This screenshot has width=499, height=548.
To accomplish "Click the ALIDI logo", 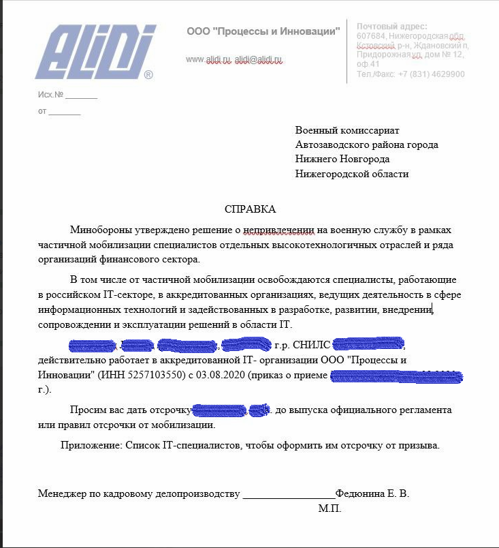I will [96, 51].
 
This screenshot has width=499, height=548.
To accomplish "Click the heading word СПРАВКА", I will [251, 209].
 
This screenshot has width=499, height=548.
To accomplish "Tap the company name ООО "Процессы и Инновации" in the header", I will [263, 31].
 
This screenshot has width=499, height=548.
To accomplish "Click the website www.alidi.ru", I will [208, 60].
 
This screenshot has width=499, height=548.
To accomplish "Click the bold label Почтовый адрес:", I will [392, 26].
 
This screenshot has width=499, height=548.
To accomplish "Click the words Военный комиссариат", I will [347, 130].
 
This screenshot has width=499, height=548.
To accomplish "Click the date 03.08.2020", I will [224, 375].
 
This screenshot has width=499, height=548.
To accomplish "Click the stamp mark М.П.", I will [329, 508].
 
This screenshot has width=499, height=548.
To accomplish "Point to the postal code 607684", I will [372, 36].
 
